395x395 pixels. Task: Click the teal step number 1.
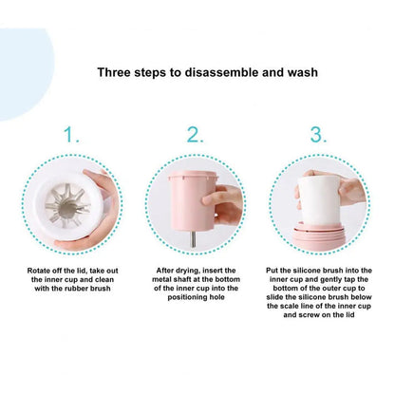[71, 135]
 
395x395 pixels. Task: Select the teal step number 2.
[195, 135]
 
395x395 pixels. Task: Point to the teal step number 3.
[318, 135]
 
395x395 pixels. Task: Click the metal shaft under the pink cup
[193, 239]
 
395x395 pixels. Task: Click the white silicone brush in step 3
[318, 200]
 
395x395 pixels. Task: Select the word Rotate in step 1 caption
[38, 271]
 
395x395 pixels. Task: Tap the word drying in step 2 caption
[188, 271]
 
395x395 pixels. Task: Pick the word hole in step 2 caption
[216, 297]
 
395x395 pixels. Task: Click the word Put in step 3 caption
[272, 271]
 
